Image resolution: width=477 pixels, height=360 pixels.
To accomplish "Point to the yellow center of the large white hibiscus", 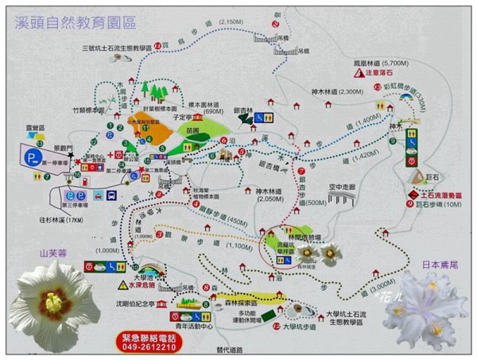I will [x=53, y=301].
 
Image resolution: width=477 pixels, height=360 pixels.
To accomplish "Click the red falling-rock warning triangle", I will [x=378, y=75].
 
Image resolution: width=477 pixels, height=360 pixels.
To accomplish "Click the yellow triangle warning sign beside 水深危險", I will [x=122, y=284].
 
